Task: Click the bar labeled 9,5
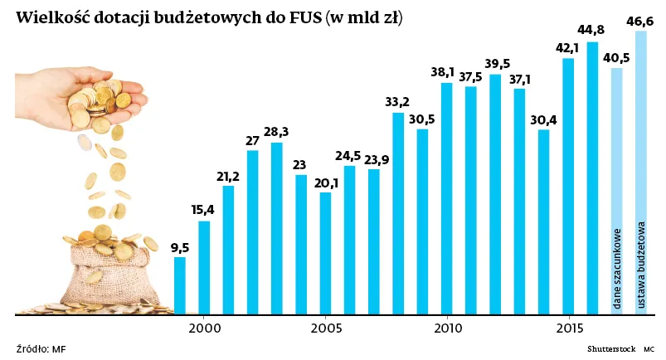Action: click(179, 286)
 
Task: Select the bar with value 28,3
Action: click(276, 229)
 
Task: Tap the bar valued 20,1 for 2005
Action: click(325, 253)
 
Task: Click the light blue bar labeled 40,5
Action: click(616, 191)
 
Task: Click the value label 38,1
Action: click(446, 72)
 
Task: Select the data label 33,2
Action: click(398, 102)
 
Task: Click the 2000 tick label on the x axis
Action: click(204, 328)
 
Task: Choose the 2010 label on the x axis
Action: click(447, 328)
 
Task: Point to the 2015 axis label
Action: click(568, 328)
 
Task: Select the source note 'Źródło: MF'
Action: click(41, 348)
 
